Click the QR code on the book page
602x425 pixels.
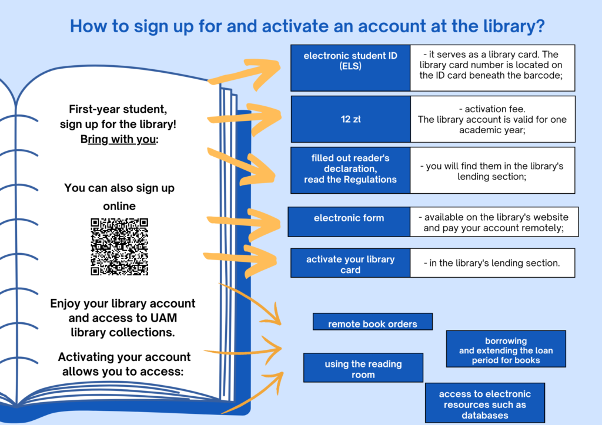pyautogui.click(x=119, y=247)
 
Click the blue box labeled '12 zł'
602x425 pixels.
pyautogui.click(x=350, y=119)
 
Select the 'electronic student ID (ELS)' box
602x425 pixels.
pyautogui.click(x=350, y=68)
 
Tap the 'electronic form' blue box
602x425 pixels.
pyautogui.click(x=349, y=222)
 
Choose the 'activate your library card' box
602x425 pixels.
pyautogui.click(x=350, y=263)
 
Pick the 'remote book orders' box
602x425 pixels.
pyautogui.click(x=372, y=322)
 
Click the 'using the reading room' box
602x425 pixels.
pyautogui.click(x=363, y=368)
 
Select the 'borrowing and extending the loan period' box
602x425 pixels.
pyautogui.click(x=506, y=349)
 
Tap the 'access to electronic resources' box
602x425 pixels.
pyautogui.click(x=485, y=403)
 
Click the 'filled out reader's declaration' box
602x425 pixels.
pyautogui.click(x=350, y=170)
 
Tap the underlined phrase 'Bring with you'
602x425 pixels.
pyautogui.click(x=118, y=139)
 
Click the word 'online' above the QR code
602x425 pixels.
pyautogui.click(x=119, y=206)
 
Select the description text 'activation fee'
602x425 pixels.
pyautogui.click(x=492, y=109)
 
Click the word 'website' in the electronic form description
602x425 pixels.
pyautogui.click(x=549, y=217)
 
